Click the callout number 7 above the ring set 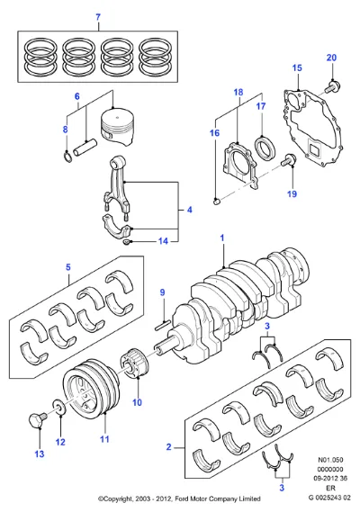point(98,17)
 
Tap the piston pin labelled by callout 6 point(85,148)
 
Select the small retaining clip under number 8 point(67,157)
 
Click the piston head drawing point(118,126)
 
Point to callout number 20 point(331,58)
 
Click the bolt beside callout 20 point(333,85)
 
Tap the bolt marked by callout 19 point(288,160)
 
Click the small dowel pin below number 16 point(216,201)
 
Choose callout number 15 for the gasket point(297,67)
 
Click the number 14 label point(163,241)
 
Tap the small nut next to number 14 point(126,242)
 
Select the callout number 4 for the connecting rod point(190,210)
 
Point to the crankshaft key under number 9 point(162,324)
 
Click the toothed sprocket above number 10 point(135,364)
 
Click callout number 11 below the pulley point(104,439)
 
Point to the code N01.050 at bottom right point(330,460)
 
